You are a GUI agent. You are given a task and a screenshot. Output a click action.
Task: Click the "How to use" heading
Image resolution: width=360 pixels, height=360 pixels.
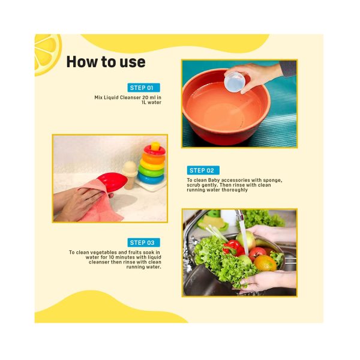tap(106, 62)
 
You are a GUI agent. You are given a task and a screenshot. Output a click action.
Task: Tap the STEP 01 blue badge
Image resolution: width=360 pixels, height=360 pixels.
tap(144, 88)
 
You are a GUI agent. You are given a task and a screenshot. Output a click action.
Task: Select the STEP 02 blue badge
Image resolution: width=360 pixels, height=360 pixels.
tap(203, 170)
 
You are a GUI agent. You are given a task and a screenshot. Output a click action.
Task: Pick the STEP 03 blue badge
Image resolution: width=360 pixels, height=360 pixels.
tap(144, 242)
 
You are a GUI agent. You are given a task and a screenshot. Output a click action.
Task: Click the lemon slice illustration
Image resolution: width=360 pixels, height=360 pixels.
tap(47, 54)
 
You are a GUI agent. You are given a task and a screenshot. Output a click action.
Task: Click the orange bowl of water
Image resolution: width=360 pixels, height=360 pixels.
tap(226, 107)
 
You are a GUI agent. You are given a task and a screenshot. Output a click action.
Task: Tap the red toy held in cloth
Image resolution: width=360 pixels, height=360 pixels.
tap(112, 182)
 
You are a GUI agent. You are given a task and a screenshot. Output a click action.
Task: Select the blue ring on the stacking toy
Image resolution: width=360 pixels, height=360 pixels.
tap(151, 178)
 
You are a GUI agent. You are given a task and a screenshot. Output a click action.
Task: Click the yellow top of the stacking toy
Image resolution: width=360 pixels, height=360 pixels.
tap(155, 146)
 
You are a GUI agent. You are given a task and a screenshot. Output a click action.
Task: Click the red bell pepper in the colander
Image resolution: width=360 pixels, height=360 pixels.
tap(233, 248)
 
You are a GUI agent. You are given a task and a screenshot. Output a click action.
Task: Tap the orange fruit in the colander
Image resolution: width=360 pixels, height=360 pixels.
tap(265, 263)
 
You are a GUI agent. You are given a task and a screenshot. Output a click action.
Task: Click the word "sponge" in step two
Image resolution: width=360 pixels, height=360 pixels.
tap(272, 181)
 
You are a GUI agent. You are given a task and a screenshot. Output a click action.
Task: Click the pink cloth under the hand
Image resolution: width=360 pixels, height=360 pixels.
tap(101, 204)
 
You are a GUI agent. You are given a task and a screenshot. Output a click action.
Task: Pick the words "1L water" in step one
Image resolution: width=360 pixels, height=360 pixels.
tap(151, 103)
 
